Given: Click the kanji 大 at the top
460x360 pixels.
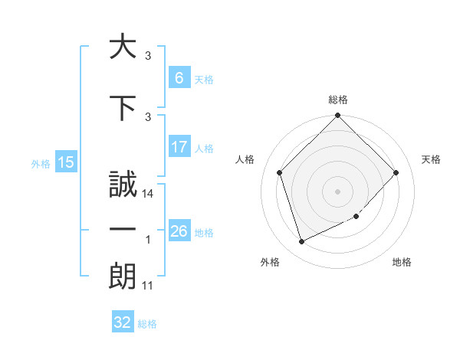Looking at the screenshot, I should pos(123,47).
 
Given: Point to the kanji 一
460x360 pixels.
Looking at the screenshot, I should pos(123,229).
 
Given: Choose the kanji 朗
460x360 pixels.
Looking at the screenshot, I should pos(123,275).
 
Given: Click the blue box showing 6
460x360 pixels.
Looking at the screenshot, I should pos(179,79).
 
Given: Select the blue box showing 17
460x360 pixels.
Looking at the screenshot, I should pos(179,148).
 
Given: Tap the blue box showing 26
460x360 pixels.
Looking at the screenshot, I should pos(179,231).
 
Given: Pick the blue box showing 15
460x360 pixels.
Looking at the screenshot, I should pos(65,162).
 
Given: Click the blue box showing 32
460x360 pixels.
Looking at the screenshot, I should pos(123,322).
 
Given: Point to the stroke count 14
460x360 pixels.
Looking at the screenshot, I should pos(149,195).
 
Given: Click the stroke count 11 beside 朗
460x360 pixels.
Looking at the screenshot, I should pos(148,286).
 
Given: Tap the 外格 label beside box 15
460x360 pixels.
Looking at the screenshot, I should pos(40,163).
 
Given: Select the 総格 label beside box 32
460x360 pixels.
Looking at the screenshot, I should pos(147,324).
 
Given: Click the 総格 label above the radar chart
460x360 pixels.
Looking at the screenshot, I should pos(338,100).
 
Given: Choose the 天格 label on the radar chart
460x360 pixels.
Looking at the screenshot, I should pos(432,159).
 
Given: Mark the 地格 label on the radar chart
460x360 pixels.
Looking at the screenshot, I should pos(402,262).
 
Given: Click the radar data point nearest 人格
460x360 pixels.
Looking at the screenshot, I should pos(279,172).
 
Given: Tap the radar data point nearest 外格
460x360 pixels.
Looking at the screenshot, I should pos(301,242).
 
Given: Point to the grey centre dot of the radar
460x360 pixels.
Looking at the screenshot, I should pos(338,191).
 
